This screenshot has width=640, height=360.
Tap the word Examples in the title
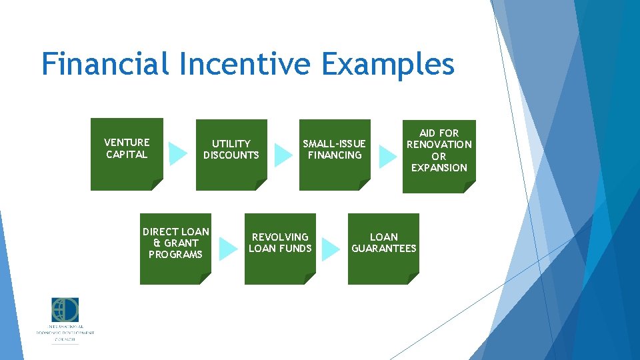(387, 65)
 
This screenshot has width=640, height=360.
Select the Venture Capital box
(127, 154)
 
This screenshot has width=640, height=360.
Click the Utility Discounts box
(231, 155)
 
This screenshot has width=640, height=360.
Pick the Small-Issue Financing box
(334, 155)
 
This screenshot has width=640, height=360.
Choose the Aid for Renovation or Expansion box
(439, 155)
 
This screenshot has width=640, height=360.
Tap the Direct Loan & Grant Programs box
(175, 248)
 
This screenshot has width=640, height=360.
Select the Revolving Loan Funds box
(280, 248)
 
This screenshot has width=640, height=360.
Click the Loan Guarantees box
(383, 248)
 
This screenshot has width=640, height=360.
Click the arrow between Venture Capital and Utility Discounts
(178, 153)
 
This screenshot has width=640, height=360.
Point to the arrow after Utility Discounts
(283, 155)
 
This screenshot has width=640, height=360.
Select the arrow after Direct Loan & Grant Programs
(228, 249)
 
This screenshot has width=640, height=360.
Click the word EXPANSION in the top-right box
(439, 168)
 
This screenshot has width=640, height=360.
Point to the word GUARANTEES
(383, 249)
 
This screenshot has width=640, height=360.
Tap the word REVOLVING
(280, 237)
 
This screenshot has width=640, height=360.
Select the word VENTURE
(127, 142)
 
